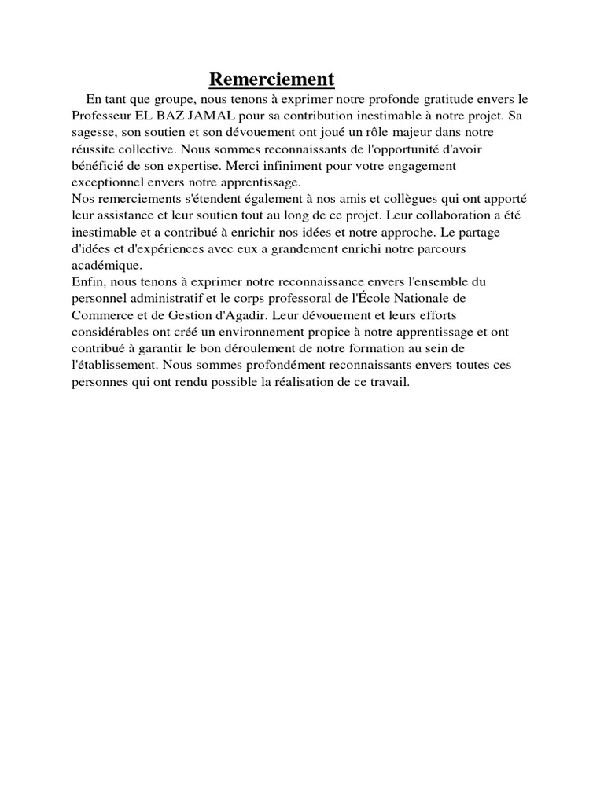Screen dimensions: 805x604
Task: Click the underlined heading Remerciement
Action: click(x=271, y=79)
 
